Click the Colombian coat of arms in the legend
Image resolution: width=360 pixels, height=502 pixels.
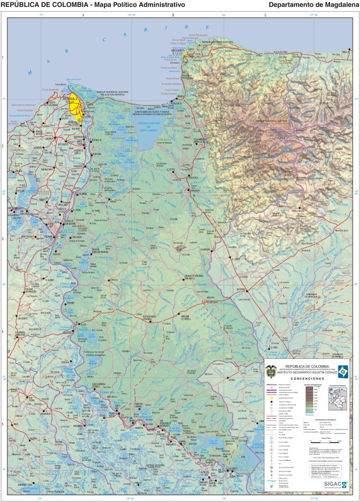[x=271, y=371]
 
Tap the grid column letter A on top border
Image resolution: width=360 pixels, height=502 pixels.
[x=83, y=15]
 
